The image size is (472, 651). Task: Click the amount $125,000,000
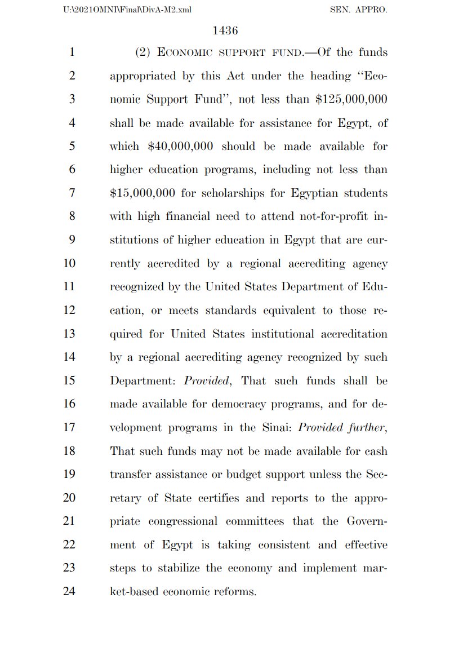click(351, 99)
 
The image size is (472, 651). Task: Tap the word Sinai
click(276, 427)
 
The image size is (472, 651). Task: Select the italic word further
click(367, 427)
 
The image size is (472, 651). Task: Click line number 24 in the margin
click(69, 592)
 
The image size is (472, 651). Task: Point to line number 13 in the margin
click(69, 334)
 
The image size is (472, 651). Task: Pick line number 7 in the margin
click(72, 193)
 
